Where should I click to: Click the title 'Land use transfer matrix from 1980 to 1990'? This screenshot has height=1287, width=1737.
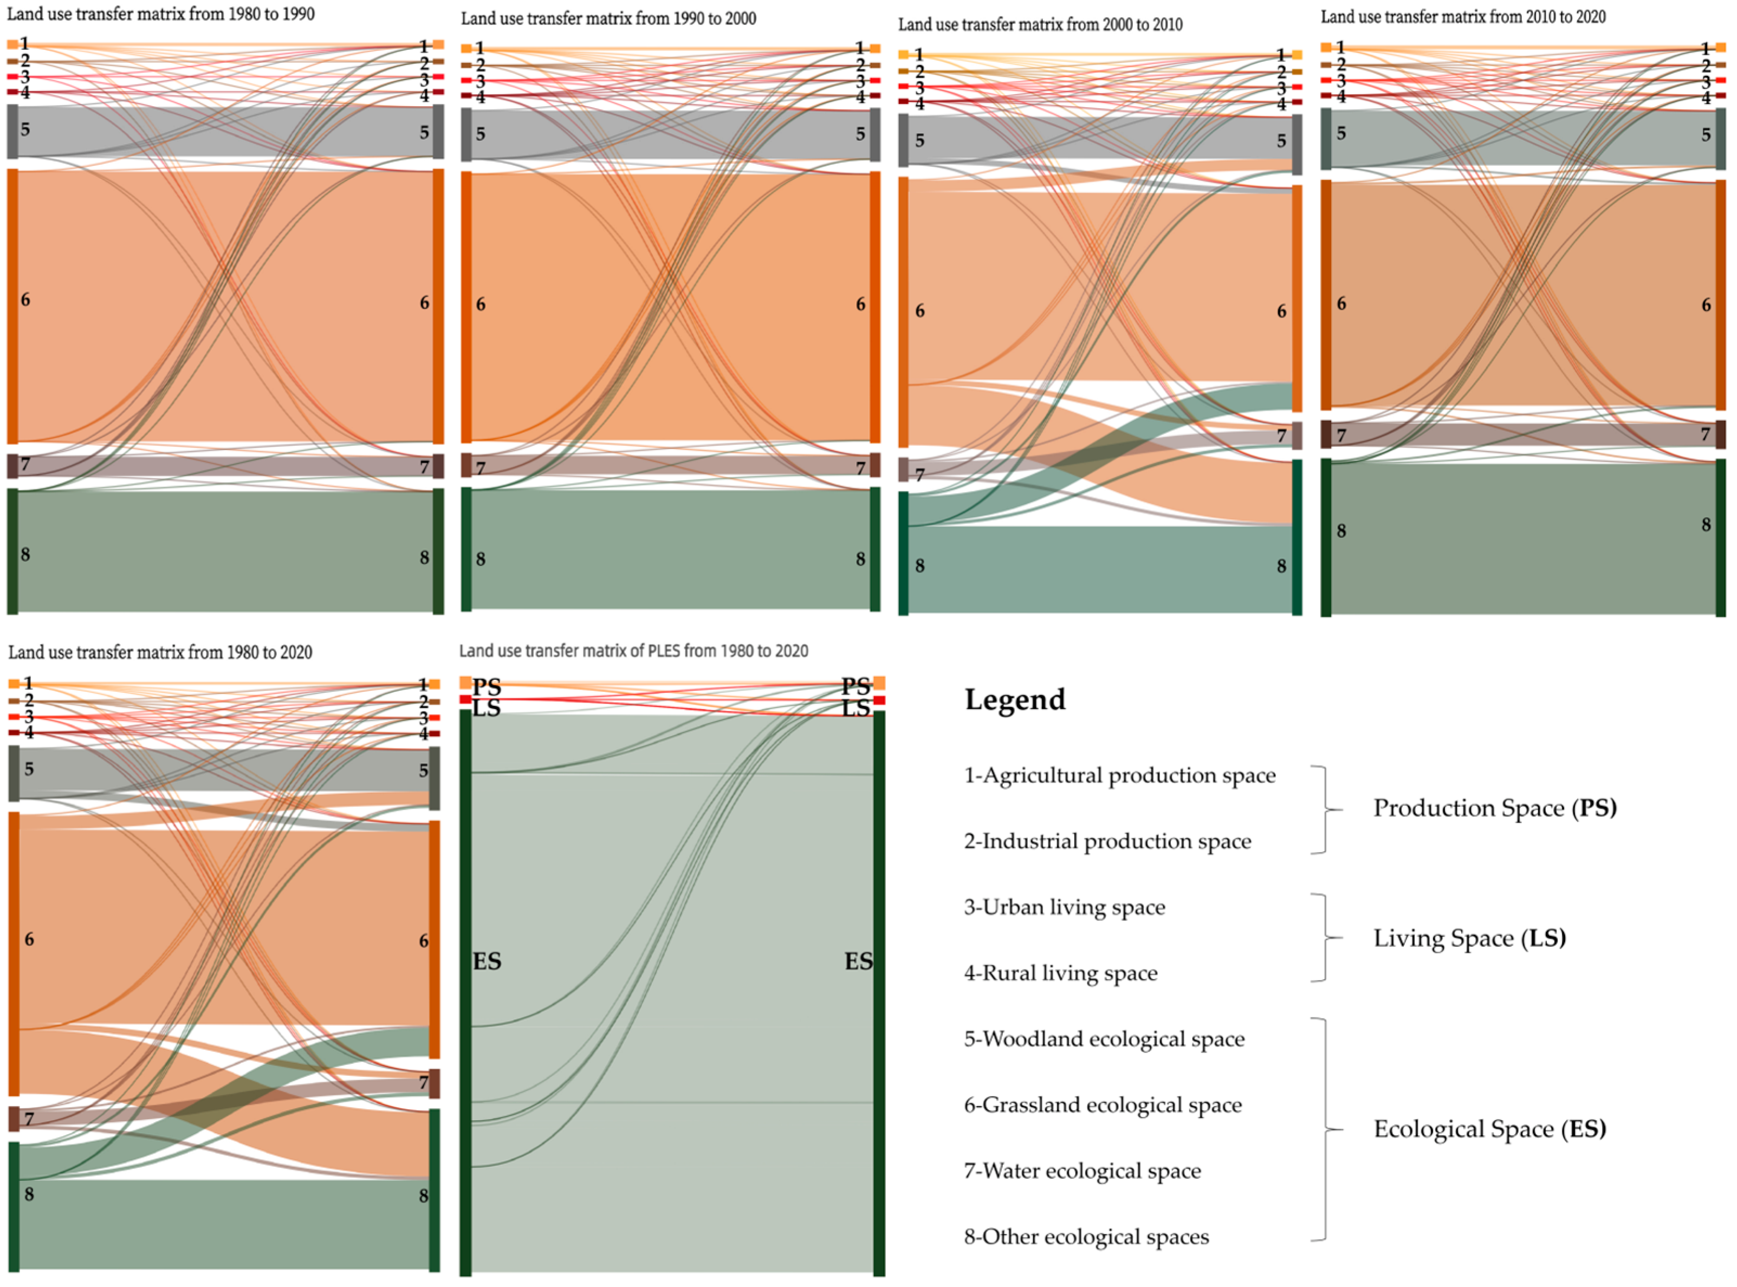click(x=160, y=14)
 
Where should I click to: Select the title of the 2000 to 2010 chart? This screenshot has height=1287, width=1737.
click(x=1040, y=24)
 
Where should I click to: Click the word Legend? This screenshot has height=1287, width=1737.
click(x=1015, y=699)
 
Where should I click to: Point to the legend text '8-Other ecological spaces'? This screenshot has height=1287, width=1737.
click(x=1086, y=1237)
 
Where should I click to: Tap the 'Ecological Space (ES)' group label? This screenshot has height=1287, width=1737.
click(x=1489, y=1129)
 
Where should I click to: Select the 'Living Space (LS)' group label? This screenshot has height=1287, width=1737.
click(x=1469, y=938)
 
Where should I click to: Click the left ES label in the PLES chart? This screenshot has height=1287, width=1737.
click(x=487, y=961)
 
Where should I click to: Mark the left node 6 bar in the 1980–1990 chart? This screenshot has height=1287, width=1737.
click(x=12, y=305)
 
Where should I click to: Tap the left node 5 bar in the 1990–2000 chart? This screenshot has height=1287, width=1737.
click(x=466, y=135)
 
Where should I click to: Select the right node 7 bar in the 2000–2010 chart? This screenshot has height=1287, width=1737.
click(x=1297, y=435)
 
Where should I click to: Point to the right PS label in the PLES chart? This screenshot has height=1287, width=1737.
click(x=855, y=686)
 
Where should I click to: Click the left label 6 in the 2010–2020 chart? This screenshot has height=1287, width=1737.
click(x=1340, y=303)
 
